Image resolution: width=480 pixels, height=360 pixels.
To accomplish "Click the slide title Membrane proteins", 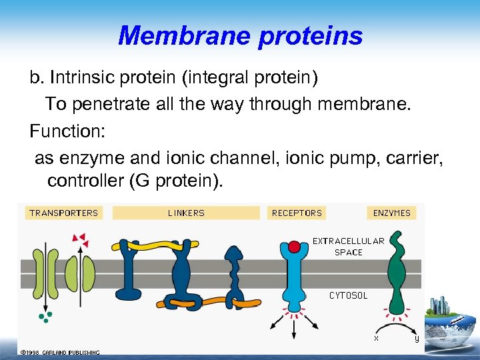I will point(240,35).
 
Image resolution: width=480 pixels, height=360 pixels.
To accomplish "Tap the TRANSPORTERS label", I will point(63,213).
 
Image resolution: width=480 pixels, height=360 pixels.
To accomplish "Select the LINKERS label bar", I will point(186,213).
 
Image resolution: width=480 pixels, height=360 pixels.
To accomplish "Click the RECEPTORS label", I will point(297,213).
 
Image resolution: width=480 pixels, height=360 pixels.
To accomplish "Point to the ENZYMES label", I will point(393,213).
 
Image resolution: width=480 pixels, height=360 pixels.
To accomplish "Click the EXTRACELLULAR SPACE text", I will point(348,247).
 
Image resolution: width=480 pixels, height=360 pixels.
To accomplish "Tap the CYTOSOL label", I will point(348,295).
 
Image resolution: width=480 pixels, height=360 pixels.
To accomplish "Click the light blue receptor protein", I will point(294,280).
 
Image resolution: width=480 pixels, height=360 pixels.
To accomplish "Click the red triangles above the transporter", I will point(79,238).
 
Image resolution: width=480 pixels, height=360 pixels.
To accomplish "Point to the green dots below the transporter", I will point(45,316).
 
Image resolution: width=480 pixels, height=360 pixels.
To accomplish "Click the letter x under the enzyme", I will point(376,337).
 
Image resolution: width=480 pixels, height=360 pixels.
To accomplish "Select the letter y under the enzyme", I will point(417,338).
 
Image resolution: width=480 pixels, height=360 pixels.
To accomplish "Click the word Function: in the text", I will point(67,131).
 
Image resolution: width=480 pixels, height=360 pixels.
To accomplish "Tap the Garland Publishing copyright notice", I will point(60,352).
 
